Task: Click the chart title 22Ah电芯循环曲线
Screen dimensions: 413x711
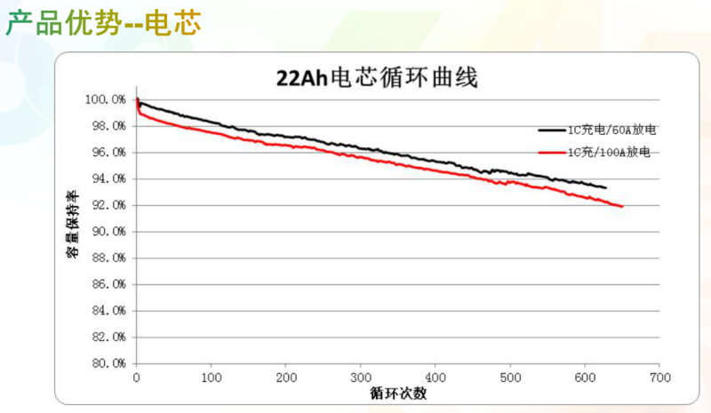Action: point(378,78)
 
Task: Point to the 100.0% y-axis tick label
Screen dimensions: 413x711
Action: point(107,99)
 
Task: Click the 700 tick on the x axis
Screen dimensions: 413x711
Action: point(659,378)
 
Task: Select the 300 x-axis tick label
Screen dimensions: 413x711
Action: point(360,378)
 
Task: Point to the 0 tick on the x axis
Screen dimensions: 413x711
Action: point(136,378)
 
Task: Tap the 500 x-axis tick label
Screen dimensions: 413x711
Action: point(510,378)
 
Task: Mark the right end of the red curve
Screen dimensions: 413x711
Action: point(622,206)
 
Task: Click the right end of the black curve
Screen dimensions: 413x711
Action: point(606,187)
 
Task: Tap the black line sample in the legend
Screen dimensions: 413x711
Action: point(552,130)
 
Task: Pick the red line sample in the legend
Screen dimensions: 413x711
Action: point(552,152)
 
